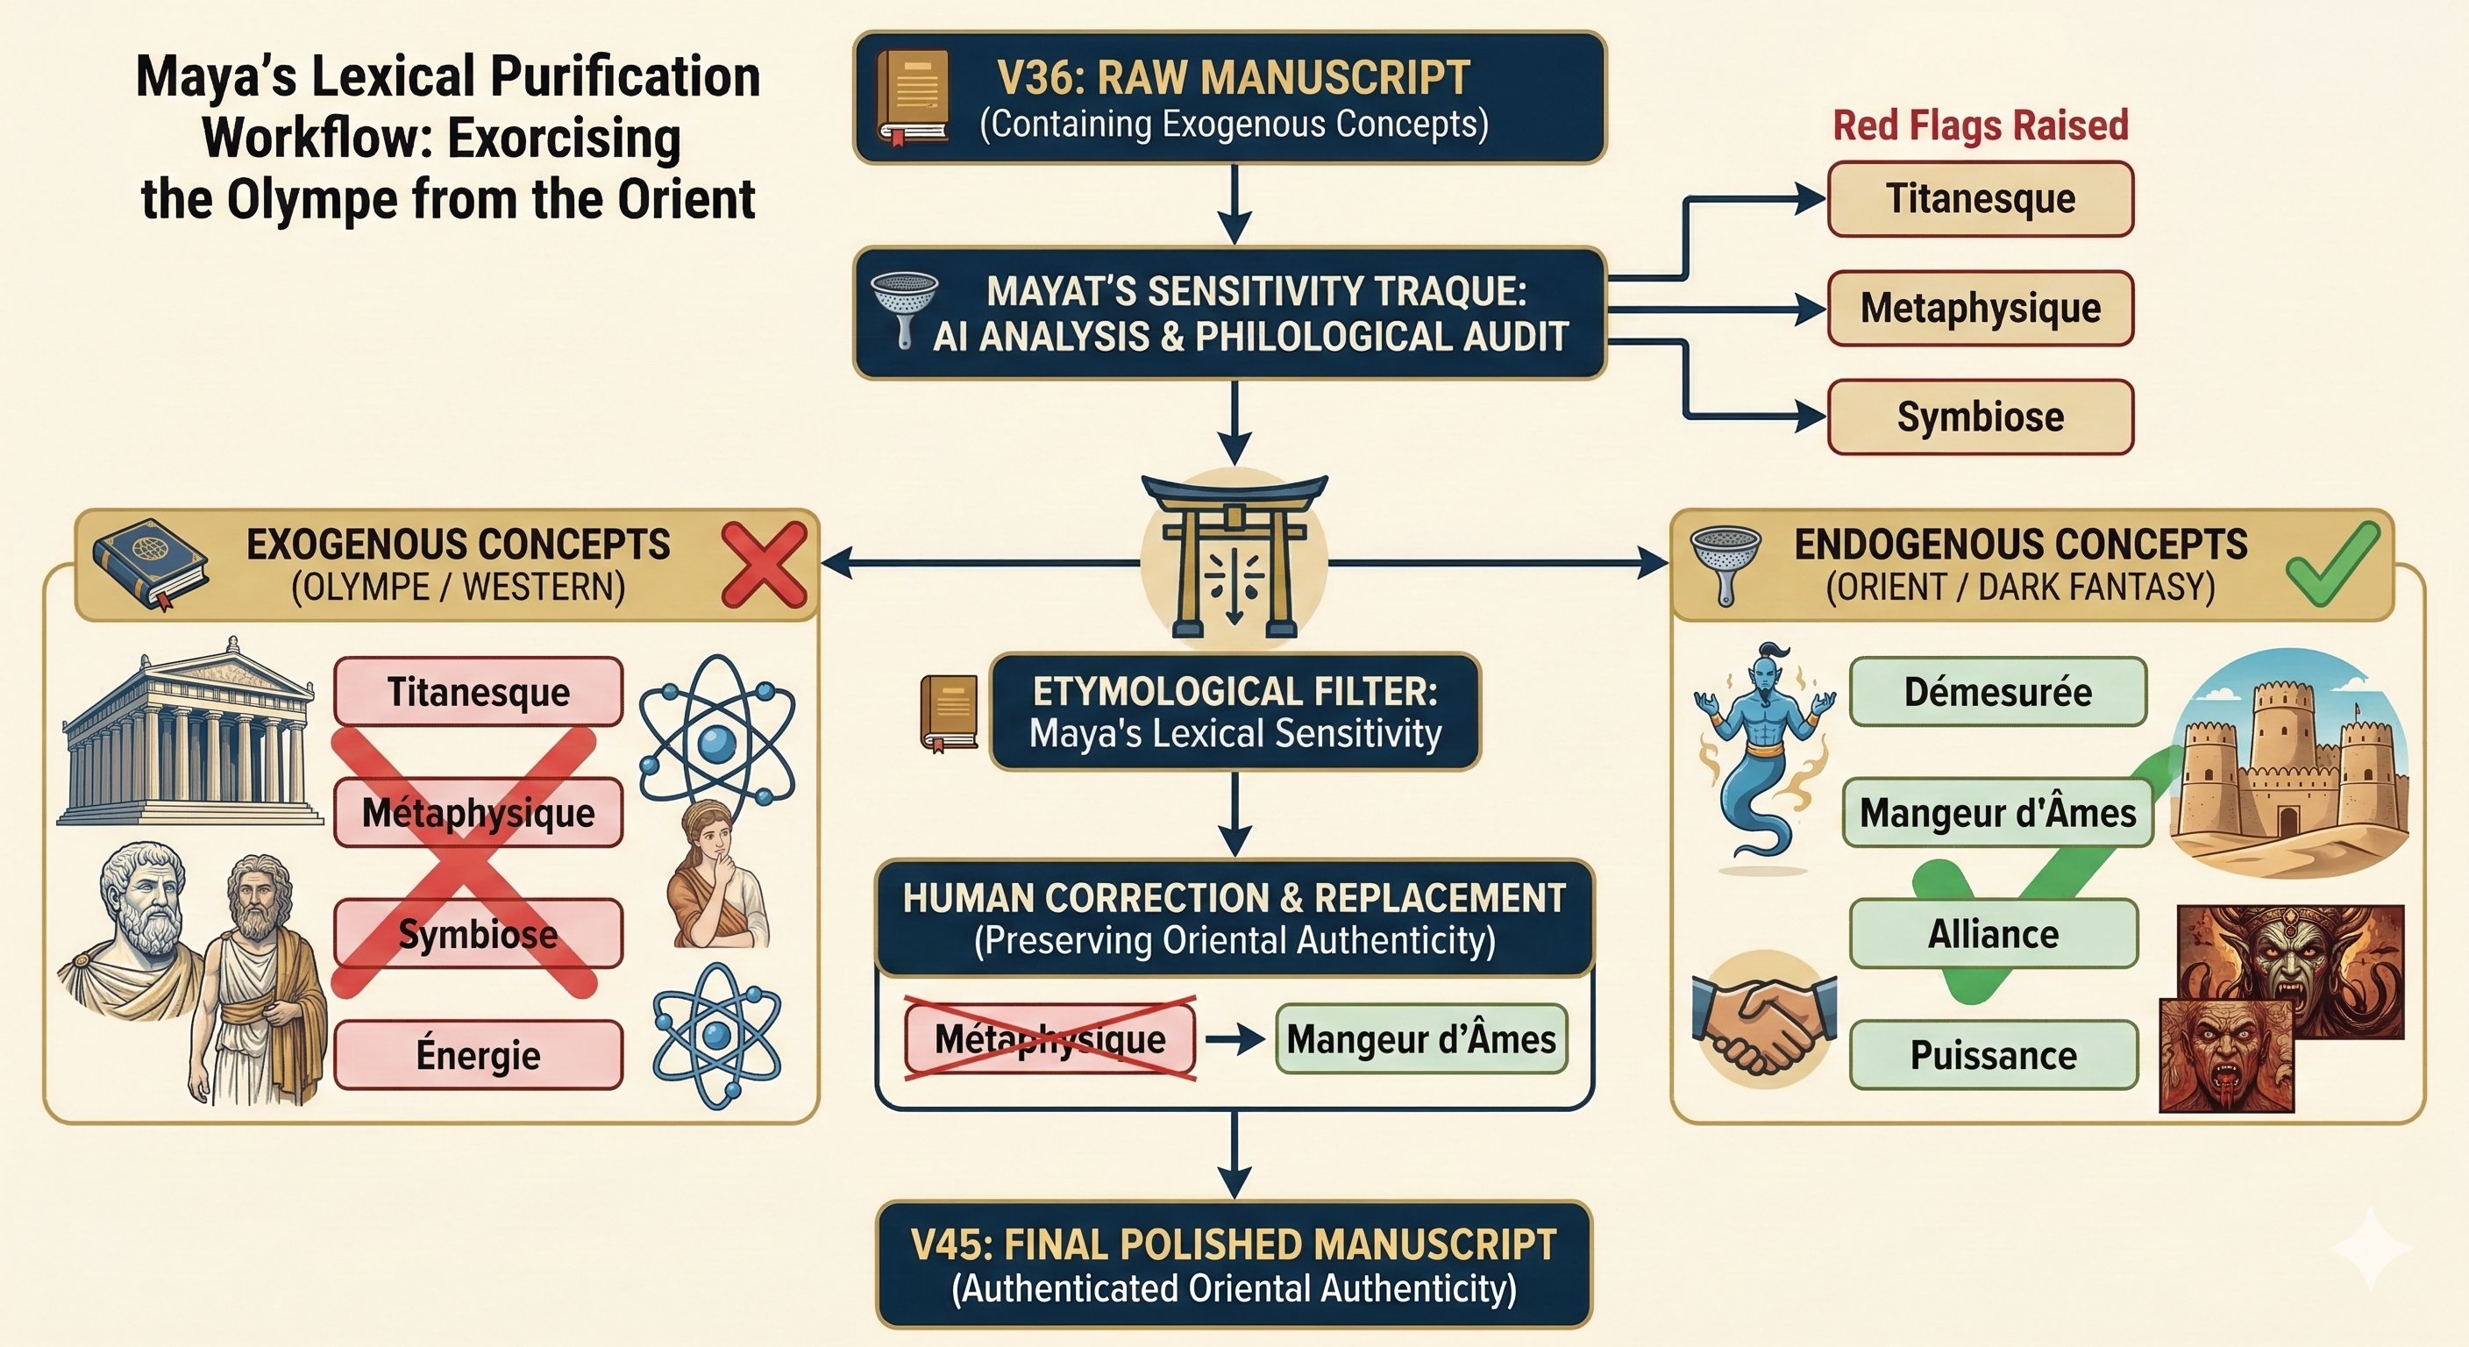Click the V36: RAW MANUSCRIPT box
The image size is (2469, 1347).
[1230, 98]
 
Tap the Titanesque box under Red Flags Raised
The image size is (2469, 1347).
[1980, 198]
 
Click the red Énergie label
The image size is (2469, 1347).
[478, 1055]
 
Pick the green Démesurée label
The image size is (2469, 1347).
[1997, 691]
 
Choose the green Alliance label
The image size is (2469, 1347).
[1994, 934]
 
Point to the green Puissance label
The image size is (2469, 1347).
[1994, 1055]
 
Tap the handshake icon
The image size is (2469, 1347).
[1763, 1018]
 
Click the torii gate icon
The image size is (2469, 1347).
[1234, 556]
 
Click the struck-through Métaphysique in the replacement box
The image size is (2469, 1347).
[1050, 1039]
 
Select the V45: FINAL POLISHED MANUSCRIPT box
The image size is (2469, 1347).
[1234, 1265]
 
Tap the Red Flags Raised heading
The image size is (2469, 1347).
[1980, 125]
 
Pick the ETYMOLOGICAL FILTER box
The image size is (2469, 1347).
[1234, 712]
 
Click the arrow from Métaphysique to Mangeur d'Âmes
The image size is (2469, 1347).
[1235, 1039]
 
